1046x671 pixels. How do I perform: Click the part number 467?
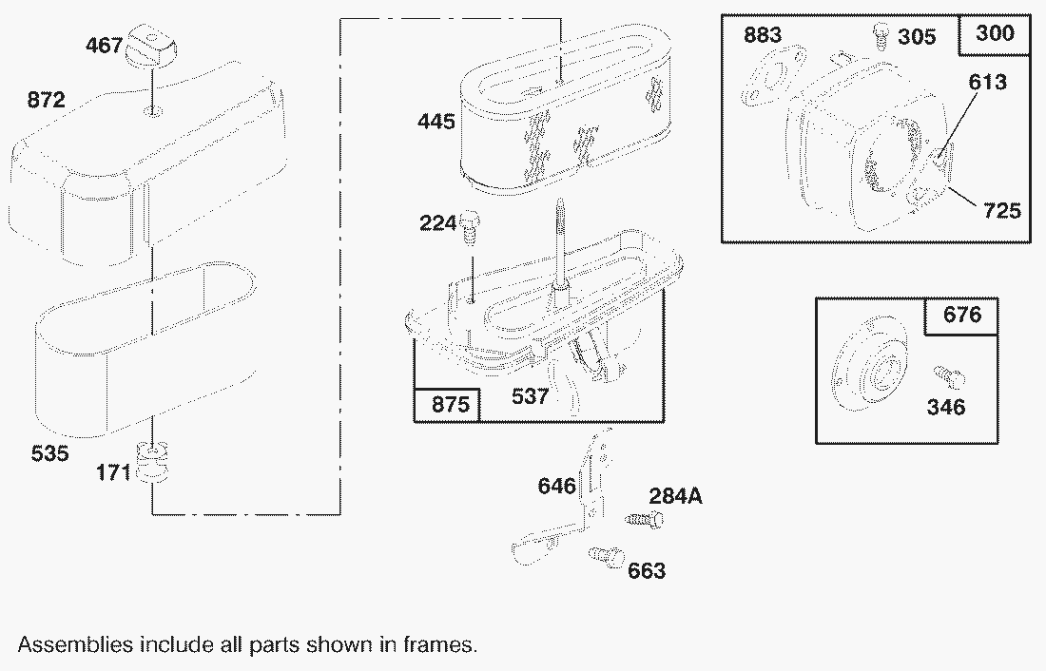(x=104, y=46)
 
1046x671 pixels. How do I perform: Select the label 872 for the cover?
(x=46, y=100)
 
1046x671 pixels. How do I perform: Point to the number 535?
(x=50, y=453)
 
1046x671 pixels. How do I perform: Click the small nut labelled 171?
(x=153, y=462)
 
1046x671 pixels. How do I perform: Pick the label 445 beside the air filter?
(x=436, y=122)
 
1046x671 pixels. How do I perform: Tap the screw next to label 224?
(x=471, y=225)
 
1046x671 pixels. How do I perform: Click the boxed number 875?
(x=451, y=404)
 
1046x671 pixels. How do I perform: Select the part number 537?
(x=531, y=396)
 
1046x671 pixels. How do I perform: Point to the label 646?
(x=557, y=486)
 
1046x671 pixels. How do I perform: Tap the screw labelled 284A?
(x=644, y=519)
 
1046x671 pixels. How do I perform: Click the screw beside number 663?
(x=606, y=556)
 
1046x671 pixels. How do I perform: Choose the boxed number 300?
(x=995, y=32)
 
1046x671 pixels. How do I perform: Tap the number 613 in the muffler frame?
(x=987, y=82)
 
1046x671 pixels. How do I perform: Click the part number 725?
(x=1002, y=211)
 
